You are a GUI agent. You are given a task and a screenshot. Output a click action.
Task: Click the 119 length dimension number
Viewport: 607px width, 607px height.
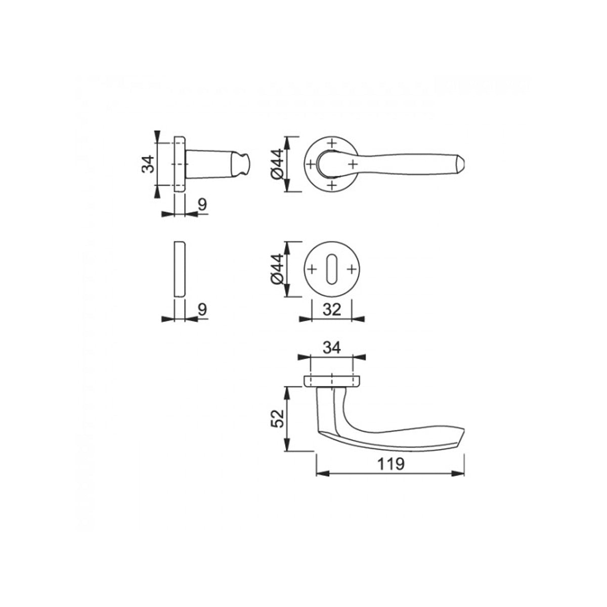tap(391, 464)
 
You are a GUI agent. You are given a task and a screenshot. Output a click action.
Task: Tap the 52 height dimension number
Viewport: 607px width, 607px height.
tap(278, 419)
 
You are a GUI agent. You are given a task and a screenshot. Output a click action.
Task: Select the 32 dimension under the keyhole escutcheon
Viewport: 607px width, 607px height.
tap(332, 310)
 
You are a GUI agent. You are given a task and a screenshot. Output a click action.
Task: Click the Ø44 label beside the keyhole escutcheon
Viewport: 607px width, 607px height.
tap(278, 269)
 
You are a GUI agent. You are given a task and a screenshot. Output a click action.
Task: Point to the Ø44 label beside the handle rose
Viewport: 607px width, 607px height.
tap(278, 164)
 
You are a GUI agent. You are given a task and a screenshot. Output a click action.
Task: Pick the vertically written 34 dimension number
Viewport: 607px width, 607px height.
tap(148, 164)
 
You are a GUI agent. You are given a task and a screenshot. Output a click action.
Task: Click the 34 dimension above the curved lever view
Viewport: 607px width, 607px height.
tap(332, 348)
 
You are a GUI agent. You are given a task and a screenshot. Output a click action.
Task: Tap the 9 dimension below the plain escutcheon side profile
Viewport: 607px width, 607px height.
tap(202, 310)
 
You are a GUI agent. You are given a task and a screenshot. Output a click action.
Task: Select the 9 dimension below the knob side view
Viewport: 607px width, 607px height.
tap(202, 205)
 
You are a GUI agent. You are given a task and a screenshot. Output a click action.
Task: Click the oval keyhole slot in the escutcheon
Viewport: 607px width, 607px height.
tap(332, 269)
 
